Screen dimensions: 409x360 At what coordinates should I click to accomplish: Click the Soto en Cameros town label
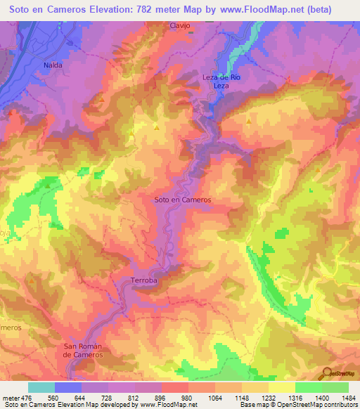(182, 200)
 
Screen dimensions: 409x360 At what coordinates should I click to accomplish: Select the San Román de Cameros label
(84, 350)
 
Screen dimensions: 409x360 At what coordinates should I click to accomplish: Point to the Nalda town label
(53, 65)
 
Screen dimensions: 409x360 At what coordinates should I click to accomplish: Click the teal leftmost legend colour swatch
(41, 387)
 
